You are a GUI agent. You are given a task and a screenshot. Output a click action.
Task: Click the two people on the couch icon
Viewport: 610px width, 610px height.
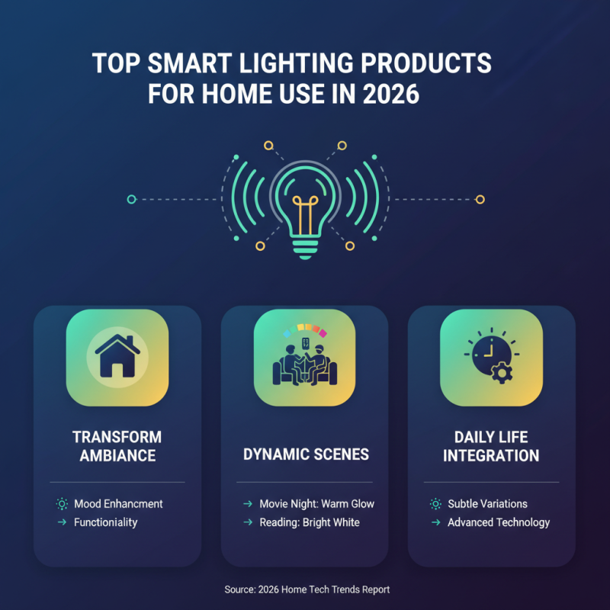tap(304, 362)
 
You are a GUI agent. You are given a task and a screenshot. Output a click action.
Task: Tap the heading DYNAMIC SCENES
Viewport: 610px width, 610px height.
tap(306, 454)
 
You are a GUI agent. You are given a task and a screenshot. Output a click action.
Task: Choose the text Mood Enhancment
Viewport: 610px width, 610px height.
tap(118, 504)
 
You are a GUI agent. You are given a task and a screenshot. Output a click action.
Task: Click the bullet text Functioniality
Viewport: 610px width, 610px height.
tap(106, 522)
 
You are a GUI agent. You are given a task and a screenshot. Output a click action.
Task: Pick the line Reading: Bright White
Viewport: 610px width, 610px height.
tap(309, 522)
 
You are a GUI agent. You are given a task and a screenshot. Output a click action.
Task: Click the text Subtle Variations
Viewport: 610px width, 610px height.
tap(487, 504)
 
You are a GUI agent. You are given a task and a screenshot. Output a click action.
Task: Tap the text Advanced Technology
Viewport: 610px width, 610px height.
tap(499, 522)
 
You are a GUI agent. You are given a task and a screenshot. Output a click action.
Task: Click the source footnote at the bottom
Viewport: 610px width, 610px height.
tap(307, 589)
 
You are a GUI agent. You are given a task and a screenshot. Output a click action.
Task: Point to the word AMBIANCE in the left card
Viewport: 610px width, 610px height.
tap(117, 456)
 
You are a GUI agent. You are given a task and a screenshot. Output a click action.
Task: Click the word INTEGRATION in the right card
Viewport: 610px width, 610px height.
tap(491, 456)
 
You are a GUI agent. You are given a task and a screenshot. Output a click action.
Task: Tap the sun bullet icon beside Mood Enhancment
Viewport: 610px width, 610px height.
tap(62, 504)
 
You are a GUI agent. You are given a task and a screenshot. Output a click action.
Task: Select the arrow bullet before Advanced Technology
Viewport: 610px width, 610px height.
tap(435, 522)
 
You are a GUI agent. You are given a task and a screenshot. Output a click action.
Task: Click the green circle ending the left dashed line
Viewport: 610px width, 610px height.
tap(131, 199)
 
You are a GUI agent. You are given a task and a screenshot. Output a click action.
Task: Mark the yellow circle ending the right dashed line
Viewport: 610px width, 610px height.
tap(480, 199)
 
